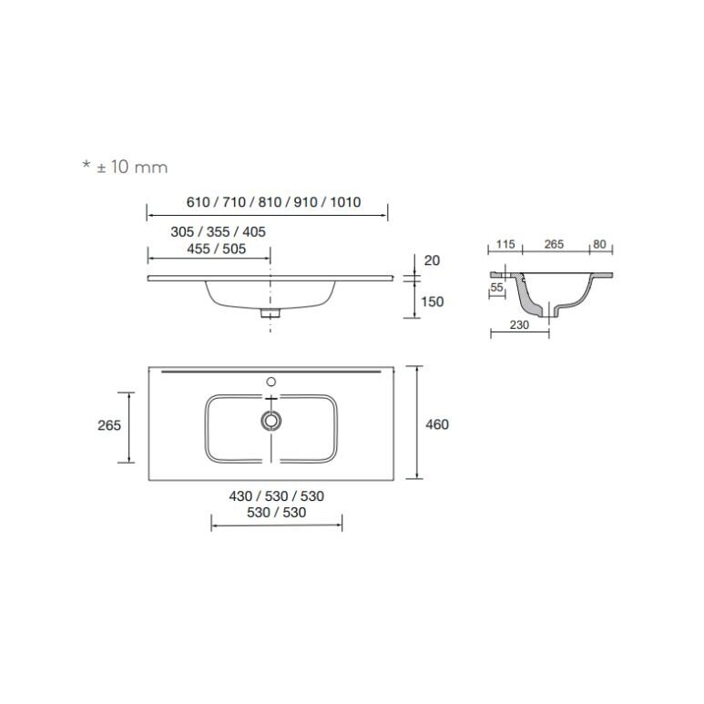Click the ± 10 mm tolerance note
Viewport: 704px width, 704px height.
coord(126,167)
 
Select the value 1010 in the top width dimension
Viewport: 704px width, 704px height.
coord(345,202)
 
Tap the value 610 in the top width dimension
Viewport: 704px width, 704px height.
coord(198,202)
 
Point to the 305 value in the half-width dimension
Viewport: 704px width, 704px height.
coord(182,231)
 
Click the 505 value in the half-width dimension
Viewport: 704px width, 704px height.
coord(234,249)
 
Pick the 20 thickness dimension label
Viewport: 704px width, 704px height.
coord(432,260)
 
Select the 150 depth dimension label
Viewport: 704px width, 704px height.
coord(432,301)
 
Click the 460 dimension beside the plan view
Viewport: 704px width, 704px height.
coord(437,424)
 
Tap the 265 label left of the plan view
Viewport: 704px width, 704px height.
coord(109,425)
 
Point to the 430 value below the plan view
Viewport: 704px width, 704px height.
coord(240,496)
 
